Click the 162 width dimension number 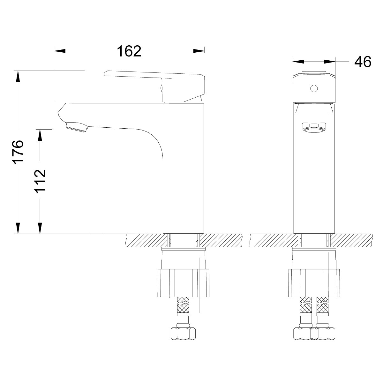click(x=129, y=51)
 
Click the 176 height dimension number click(x=18, y=151)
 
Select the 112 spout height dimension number click(x=40, y=181)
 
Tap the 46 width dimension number click(x=363, y=62)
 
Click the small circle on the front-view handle click(x=314, y=88)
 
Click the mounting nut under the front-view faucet click(x=314, y=283)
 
